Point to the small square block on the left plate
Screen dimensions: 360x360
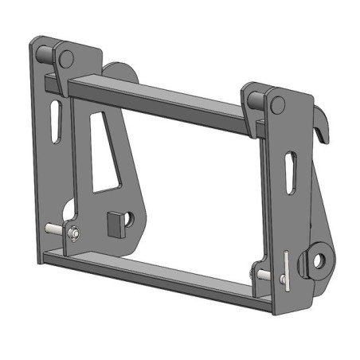click(x=115, y=225)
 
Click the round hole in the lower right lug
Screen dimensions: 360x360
click(x=320, y=260)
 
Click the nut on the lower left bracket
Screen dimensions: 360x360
click(x=72, y=234)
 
